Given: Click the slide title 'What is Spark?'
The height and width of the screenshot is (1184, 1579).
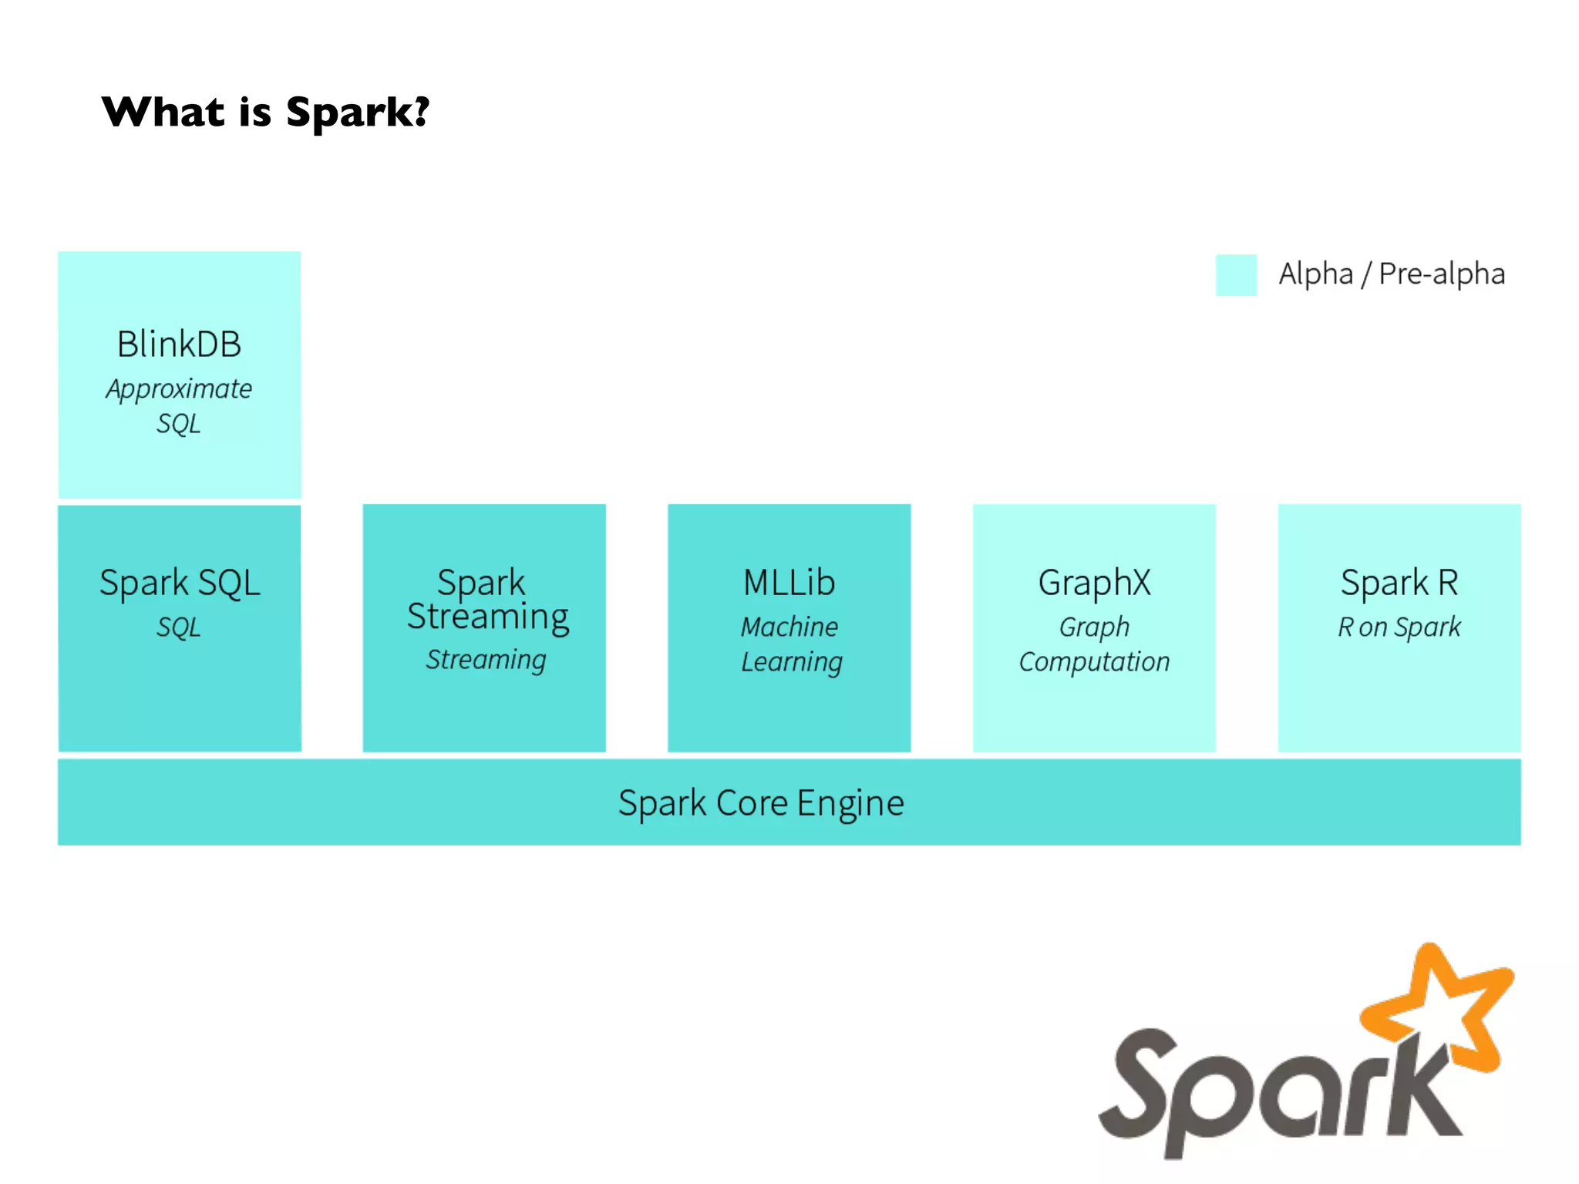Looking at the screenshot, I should coord(265,113).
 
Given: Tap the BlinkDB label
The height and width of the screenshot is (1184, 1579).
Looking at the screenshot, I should coord(179,345).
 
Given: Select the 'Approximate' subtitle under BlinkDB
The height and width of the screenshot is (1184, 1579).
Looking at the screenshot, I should coord(179,389).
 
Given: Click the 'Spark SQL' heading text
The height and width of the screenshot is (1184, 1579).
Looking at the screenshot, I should coord(180,583).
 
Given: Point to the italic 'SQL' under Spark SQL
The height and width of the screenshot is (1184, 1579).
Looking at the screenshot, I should coord(179,627).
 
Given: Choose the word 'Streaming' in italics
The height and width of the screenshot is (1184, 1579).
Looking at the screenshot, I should coord(486,660).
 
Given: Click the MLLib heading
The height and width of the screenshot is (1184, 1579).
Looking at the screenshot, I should coord(789,583).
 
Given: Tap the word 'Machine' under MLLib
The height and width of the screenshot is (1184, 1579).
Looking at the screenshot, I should coord(789,627).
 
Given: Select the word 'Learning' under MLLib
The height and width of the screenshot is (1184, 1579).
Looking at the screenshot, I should coord(792,662).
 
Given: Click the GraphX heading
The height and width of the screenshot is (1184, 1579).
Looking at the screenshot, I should coord(1094,583).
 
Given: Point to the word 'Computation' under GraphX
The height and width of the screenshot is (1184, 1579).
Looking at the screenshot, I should coord(1094,662).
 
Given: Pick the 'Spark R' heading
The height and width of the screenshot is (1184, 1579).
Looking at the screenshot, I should coord(1399,583).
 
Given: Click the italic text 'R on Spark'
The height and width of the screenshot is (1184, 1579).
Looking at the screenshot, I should coord(1399,627).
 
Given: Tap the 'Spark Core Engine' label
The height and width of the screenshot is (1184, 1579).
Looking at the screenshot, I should coord(761,803).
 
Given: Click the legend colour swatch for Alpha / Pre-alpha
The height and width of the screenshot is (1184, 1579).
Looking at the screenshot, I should coord(1236,275).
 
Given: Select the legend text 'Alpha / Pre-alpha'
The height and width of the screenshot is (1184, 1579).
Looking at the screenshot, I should coord(1392,274).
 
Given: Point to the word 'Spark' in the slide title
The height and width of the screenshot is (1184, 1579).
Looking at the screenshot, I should coord(357,113).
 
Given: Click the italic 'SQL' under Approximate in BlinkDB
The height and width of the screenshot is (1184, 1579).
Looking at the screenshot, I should coord(179,424).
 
